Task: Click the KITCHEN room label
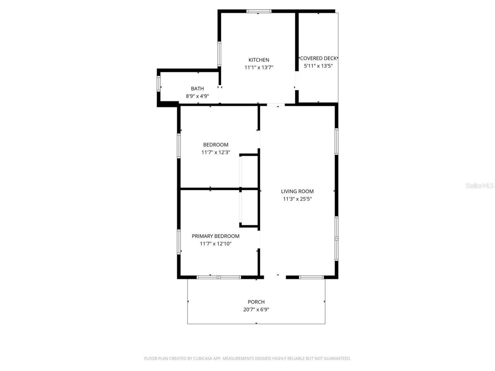click(259, 60)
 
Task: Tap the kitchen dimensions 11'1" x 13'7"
click(259, 67)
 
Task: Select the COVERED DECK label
click(318, 58)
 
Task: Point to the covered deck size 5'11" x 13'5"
click(318, 66)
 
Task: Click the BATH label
click(197, 89)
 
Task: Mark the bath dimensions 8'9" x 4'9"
click(197, 96)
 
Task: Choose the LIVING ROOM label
click(297, 191)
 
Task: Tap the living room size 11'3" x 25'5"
click(297, 199)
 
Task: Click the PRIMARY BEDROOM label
click(215, 236)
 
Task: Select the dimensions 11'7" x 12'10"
click(215, 244)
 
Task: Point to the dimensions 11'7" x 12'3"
click(215, 152)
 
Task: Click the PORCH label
click(256, 302)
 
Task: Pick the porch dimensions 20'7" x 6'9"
click(256, 310)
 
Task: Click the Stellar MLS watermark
click(480, 186)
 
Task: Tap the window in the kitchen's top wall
click(259, 11)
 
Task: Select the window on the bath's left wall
click(159, 84)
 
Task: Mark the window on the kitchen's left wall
click(219, 54)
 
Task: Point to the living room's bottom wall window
click(311, 277)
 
